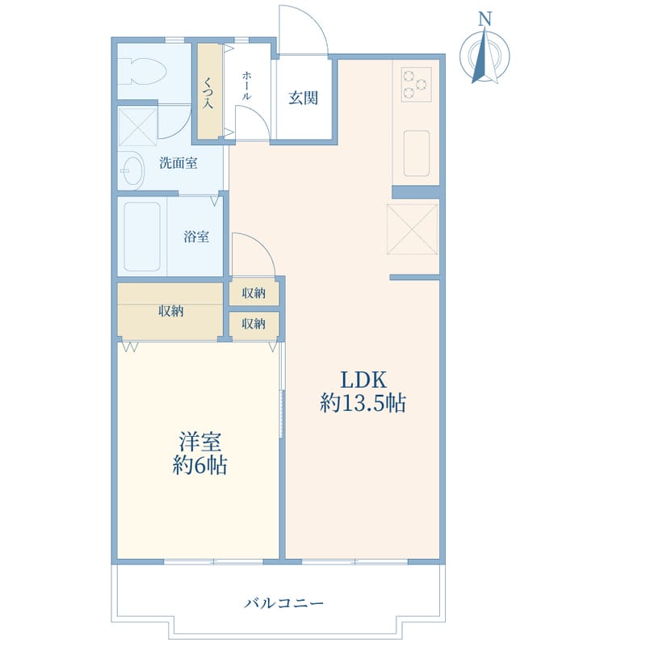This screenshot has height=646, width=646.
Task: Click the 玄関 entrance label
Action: click(x=304, y=98)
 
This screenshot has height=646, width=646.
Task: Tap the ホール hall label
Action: click(x=246, y=86)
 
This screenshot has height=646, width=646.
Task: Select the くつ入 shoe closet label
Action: click(x=208, y=92)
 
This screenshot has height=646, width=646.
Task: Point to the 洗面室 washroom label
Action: click(x=178, y=163)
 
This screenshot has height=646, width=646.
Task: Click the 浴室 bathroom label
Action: click(x=196, y=237)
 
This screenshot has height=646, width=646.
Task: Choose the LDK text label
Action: click(x=363, y=380)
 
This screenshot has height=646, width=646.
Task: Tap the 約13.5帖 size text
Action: click(x=363, y=403)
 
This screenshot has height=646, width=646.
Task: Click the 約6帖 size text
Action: click(x=199, y=466)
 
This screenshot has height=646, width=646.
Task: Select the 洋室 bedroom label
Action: click(x=199, y=442)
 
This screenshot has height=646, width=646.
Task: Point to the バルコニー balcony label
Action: click(x=284, y=603)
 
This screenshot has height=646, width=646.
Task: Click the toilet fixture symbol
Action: click(x=142, y=72)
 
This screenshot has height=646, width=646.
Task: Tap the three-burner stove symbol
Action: click(x=416, y=85)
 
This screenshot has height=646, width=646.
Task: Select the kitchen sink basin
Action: click(x=417, y=153)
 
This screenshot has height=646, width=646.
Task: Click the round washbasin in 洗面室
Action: click(x=132, y=170)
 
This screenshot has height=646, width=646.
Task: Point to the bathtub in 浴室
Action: click(x=142, y=237)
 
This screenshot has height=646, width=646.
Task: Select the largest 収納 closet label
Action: click(x=171, y=311)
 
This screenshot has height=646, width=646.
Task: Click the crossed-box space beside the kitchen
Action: click(x=412, y=229)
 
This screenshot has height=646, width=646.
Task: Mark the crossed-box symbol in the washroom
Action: click(x=138, y=127)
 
